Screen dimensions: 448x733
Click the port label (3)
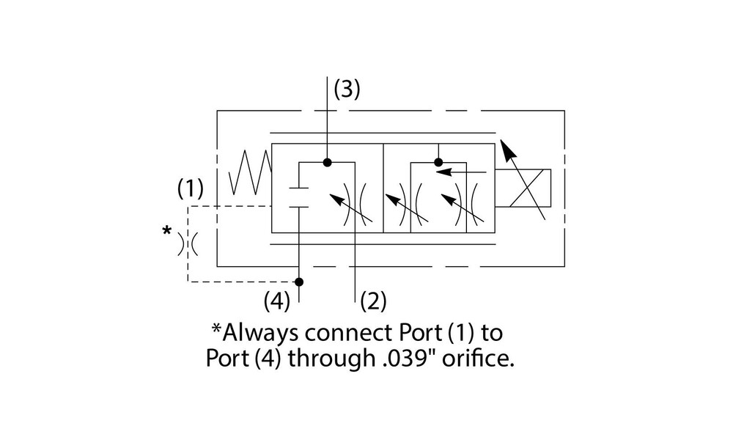pos(347,89)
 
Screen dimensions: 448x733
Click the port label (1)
pos(191,189)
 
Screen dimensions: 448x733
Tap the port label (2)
pos(372,300)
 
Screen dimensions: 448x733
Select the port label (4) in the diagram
pos(278,300)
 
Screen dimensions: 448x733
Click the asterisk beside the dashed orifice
pos(167,232)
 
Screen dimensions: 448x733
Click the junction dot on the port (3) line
pos(328,161)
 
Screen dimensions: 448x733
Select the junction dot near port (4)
pos(299,282)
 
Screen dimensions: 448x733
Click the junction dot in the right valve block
pos(438,162)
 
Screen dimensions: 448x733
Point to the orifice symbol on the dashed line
pos(189,243)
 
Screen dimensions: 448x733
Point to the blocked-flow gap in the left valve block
pos(299,197)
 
